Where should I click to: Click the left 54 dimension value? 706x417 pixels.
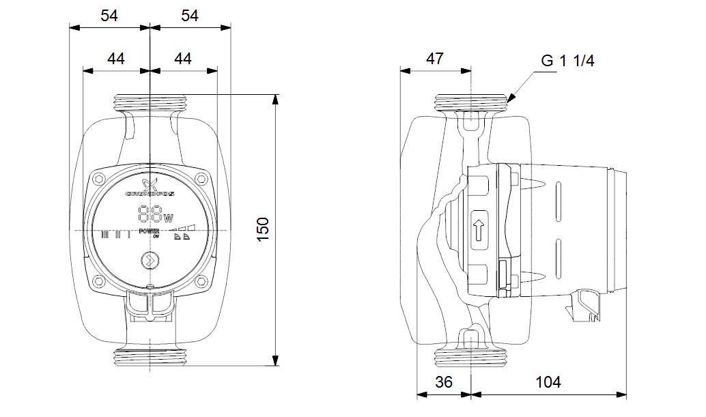(109, 16)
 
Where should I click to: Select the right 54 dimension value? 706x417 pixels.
(189, 16)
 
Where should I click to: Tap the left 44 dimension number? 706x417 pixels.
(116, 59)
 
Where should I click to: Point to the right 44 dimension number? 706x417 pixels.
(182, 59)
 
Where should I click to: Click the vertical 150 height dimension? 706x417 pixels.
(264, 229)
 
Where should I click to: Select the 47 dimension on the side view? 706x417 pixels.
(435, 59)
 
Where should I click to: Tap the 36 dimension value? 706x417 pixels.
(444, 382)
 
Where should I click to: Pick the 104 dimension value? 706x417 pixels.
(548, 382)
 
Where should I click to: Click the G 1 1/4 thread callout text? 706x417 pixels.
(567, 61)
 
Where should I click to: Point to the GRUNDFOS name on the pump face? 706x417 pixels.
(150, 195)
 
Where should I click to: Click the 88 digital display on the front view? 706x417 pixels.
(150, 214)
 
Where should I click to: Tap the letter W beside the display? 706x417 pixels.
(168, 218)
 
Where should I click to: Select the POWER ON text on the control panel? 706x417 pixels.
(150, 233)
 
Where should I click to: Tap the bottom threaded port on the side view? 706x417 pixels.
(472, 356)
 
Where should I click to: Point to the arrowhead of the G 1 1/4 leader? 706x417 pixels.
(509, 100)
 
